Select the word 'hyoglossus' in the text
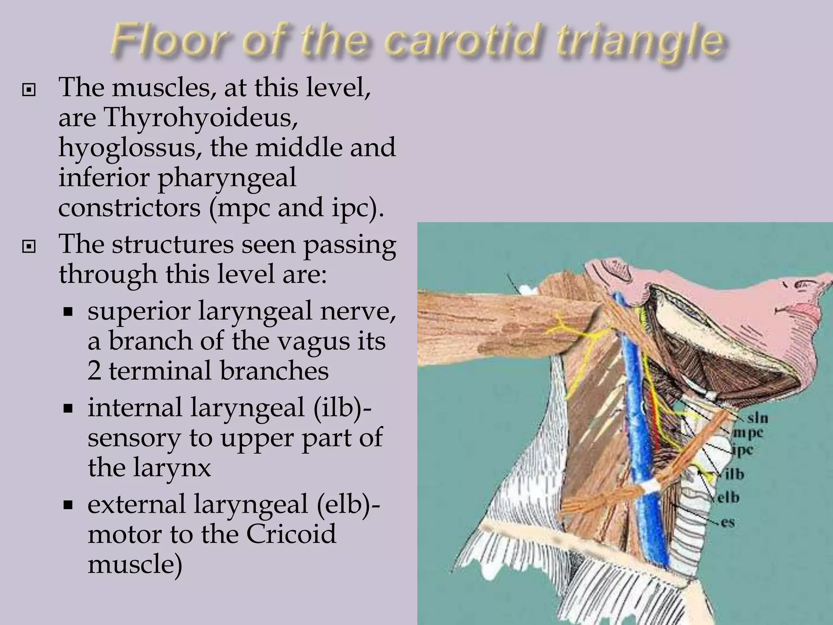pyautogui.click(x=130, y=147)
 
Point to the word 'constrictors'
pyautogui.click(x=129, y=208)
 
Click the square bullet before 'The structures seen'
pyautogui.click(x=28, y=246)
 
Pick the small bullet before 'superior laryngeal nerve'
pyautogui.click(x=68, y=312)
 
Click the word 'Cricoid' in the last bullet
pyautogui.click(x=291, y=534)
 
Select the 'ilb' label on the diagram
pyautogui.click(x=732, y=474)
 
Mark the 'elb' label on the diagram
pyautogui.click(x=728, y=498)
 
